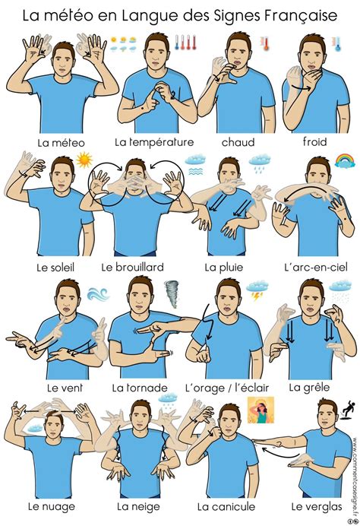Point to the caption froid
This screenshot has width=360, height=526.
click(314, 142)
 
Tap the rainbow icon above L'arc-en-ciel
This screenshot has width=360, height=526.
click(345, 160)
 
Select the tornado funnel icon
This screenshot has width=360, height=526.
click(172, 292)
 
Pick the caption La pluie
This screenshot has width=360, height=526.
click(222, 267)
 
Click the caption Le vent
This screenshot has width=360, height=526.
click(65, 387)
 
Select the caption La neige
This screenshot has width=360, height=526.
click(137, 506)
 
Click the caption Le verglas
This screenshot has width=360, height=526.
click(313, 506)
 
